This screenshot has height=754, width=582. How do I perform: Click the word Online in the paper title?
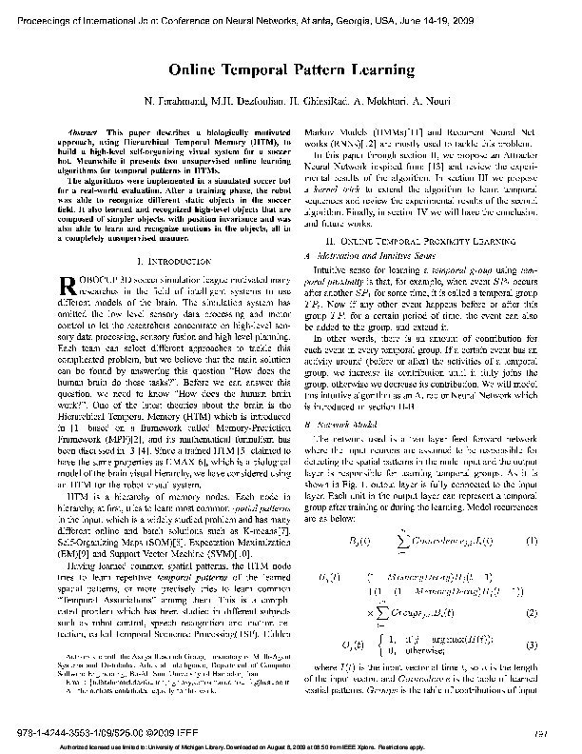click(198, 69)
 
